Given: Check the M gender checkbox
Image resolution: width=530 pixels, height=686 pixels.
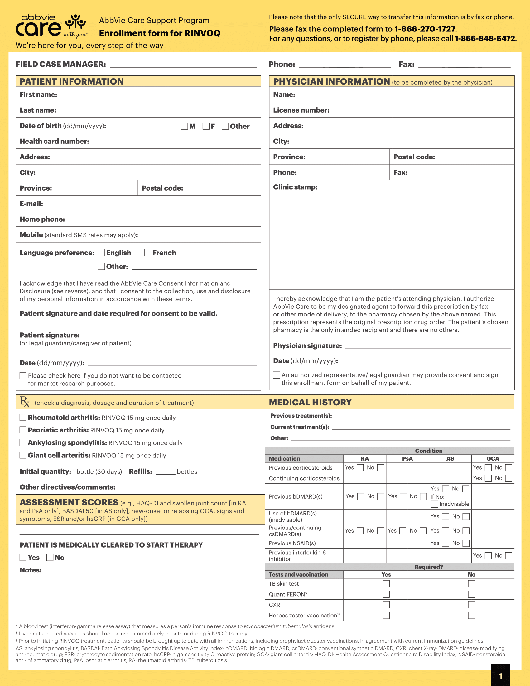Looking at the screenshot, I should (184, 126).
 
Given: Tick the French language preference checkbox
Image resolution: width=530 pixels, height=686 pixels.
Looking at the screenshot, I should (147, 253).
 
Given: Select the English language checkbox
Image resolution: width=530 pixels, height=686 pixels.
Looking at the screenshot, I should (101, 253).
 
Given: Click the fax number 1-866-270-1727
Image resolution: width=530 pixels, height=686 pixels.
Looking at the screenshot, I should (425, 29).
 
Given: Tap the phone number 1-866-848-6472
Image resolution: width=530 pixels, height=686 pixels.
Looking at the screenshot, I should (485, 39).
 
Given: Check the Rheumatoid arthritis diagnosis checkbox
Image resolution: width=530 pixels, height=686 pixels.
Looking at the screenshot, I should (23, 418).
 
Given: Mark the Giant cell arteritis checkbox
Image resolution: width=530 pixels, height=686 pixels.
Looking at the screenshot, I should (23, 455).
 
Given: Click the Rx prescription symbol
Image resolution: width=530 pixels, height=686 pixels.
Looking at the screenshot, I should (25, 402).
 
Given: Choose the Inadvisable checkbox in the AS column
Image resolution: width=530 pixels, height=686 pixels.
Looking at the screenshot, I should (435, 504).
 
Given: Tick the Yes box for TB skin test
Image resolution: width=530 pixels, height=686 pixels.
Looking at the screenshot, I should (386, 584).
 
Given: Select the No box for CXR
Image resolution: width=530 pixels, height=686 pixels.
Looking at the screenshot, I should (471, 605).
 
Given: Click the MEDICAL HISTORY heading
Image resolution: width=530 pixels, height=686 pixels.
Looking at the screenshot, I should (310, 402).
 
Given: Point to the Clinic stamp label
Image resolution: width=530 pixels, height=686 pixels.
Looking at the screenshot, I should (295, 187).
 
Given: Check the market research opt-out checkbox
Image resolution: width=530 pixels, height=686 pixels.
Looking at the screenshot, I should (23, 376).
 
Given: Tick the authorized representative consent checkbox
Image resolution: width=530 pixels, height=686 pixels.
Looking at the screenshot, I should (277, 375).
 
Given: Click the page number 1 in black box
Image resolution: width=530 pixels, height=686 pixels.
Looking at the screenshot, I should (500, 676).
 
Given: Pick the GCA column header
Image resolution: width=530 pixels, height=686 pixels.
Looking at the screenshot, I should (493, 459).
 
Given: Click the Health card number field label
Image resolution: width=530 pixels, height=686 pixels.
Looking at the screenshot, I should (54, 141).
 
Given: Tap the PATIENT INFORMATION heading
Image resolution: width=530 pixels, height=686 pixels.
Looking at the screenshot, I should (72, 81).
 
